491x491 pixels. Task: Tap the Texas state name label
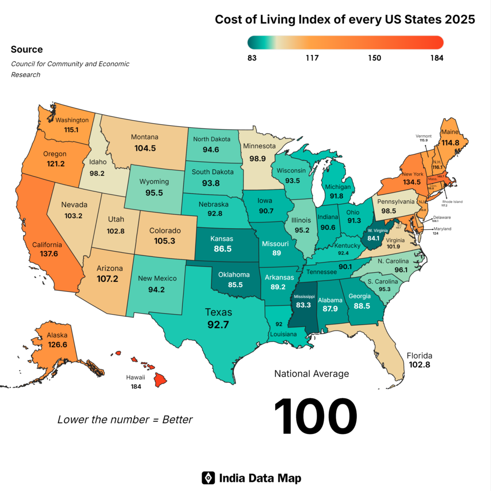tap(218, 312)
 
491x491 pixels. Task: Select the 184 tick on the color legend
tap(436, 58)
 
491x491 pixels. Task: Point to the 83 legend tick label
tap(252, 58)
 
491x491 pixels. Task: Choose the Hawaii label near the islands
tap(136, 377)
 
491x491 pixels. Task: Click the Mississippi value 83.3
tap(301, 304)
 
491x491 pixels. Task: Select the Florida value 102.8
tap(420, 365)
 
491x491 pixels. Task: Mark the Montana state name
tap(145, 138)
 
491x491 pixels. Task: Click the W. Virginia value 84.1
tap(373, 238)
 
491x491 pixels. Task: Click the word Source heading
tap(26, 49)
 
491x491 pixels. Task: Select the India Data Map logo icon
tap(208, 478)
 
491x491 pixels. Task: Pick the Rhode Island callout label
tap(452, 202)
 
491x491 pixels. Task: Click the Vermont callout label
tap(423, 136)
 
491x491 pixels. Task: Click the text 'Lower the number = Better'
tap(125, 420)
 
